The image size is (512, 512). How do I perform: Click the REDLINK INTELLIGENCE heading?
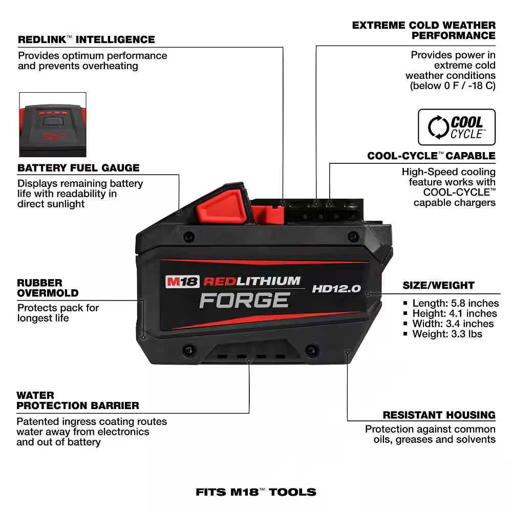pyautogui.click(x=86, y=39)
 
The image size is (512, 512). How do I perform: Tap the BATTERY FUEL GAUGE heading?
pyautogui.click(x=78, y=168)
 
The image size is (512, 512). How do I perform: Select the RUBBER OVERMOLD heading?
pyautogui.click(x=48, y=288)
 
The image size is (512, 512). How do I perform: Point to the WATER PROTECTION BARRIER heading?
pyautogui.click(x=78, y=400)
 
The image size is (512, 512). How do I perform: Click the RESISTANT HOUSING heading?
pyautogui.click(x=439, y=415)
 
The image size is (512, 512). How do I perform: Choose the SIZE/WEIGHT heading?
pyautogui.click(x=438, y=285)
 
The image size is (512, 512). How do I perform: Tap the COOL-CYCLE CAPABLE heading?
pyautogui.click(x=431, y=156)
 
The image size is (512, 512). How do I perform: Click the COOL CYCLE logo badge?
pyautogui.click(x=457, y=127)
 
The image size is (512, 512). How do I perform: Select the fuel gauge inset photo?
pyautogui.click(x=53, y=124)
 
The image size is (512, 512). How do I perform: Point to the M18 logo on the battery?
pyautogui.click(x=182, y=282)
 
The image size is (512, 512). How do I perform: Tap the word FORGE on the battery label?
pyautogui.click(x=244, y=300)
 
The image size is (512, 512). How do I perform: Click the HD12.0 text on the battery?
pyautogui.click(x=336, y=289)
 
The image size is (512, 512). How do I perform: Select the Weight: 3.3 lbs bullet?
pyautogui.click(x=447, y=334)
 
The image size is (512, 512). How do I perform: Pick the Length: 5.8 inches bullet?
pyautogui.click(x=455, y=303)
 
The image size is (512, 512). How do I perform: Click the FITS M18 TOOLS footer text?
pyautogui.click(x=256, y=493)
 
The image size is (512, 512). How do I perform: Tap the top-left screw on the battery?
pyautogui.click(x=188, y=237)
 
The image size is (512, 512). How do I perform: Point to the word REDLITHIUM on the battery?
pyautogui.click(x=252, y=281)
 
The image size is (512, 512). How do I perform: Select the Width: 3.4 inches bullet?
pyautogui.click(x=453, y=324)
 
